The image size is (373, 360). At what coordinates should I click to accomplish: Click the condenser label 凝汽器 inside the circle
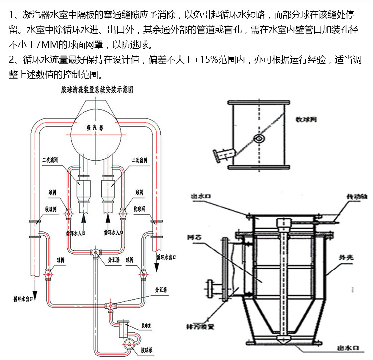coord(94,127)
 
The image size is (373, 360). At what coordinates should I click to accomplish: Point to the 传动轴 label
coord(357,197)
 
